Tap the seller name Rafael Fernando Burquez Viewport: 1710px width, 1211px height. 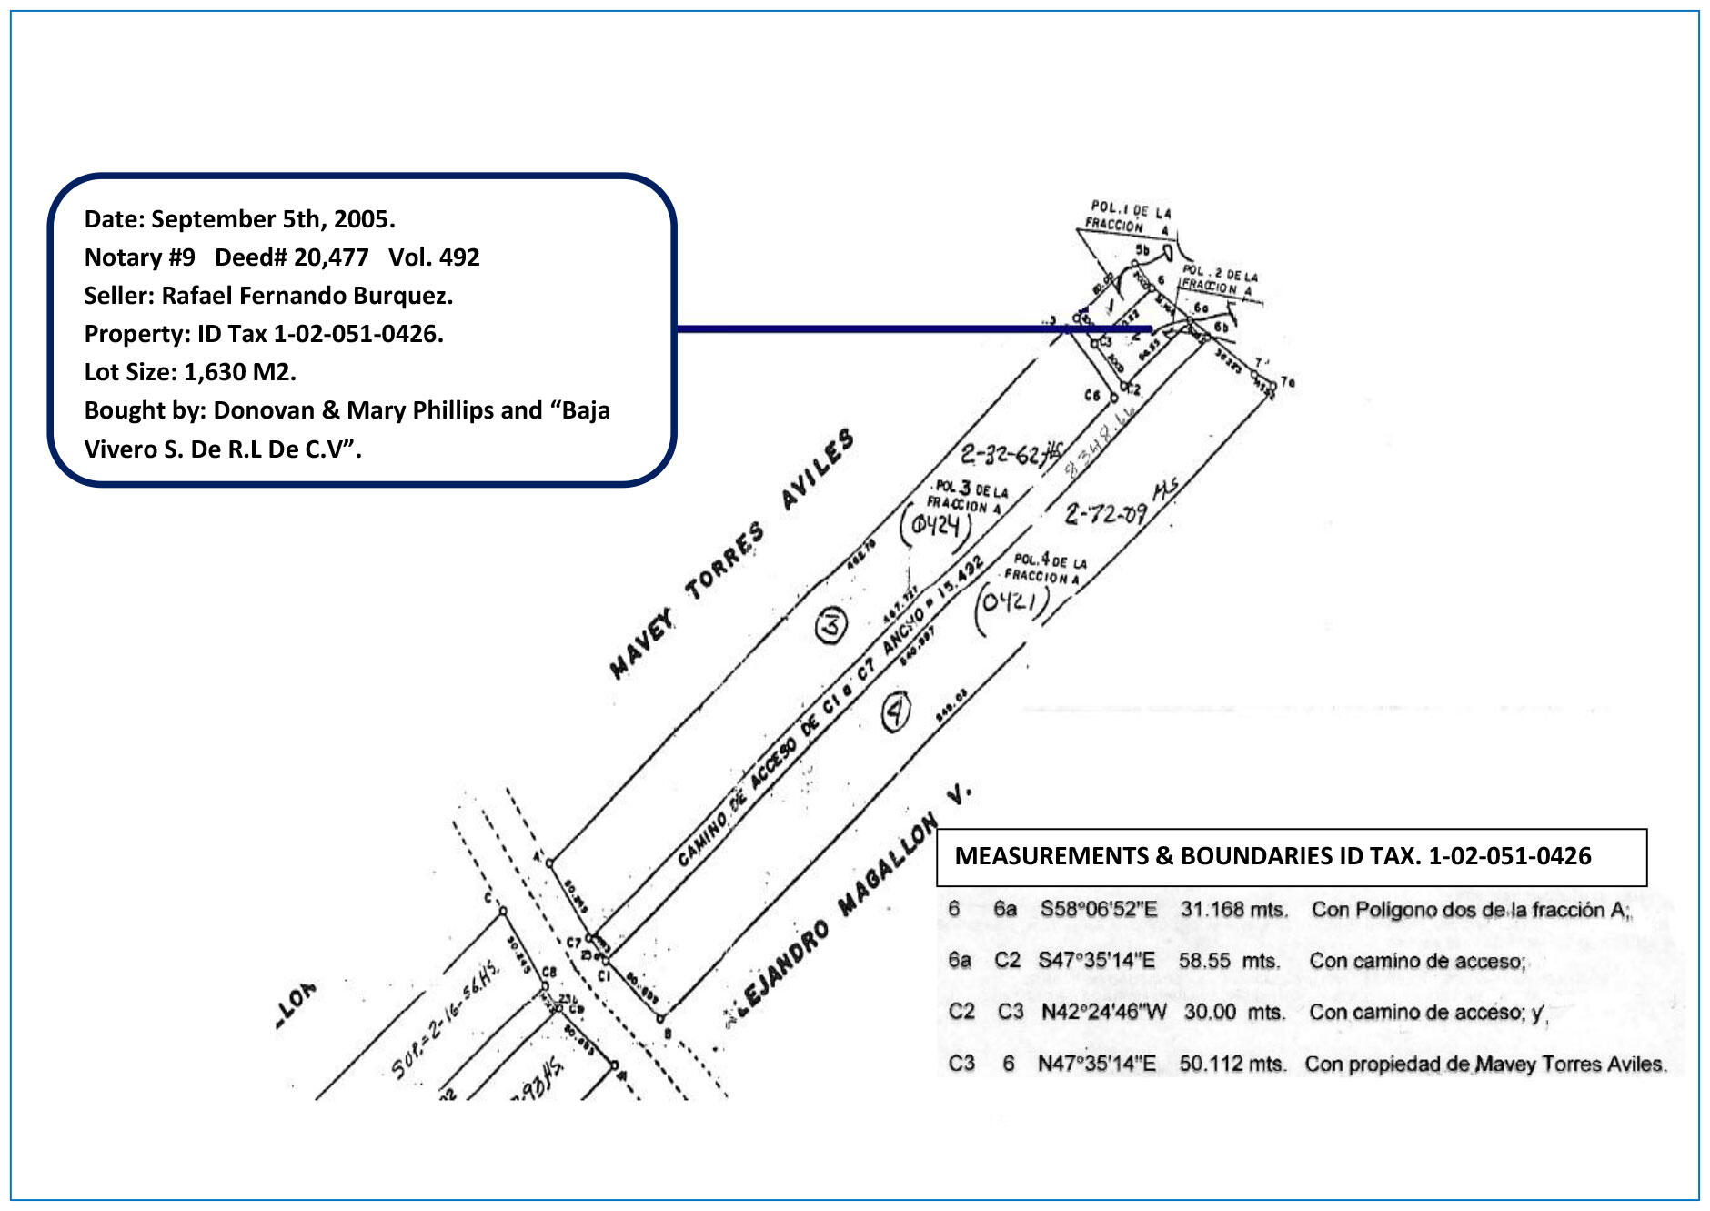tap(307, 296)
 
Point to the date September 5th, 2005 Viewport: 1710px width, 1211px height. tap(273, 219)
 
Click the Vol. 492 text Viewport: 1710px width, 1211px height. tap(434, 257)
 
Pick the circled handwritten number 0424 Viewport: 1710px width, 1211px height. tap(936, 525)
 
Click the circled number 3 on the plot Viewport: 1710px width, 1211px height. tap(830, 625)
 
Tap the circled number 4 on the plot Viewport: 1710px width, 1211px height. tap(897, 711)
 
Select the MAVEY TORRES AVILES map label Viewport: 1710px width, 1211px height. tap(731, 554)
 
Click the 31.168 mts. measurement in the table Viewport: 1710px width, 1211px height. tap(1233, 909)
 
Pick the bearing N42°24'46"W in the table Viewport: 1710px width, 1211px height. tap(1103, 1012)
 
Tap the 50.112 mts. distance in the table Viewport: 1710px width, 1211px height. tap(1232, 1064)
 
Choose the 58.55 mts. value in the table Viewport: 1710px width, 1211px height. tap(1229, 961)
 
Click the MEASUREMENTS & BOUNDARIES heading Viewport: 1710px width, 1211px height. tap(1272, 856)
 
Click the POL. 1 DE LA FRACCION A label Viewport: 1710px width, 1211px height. tap(1129, 217)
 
